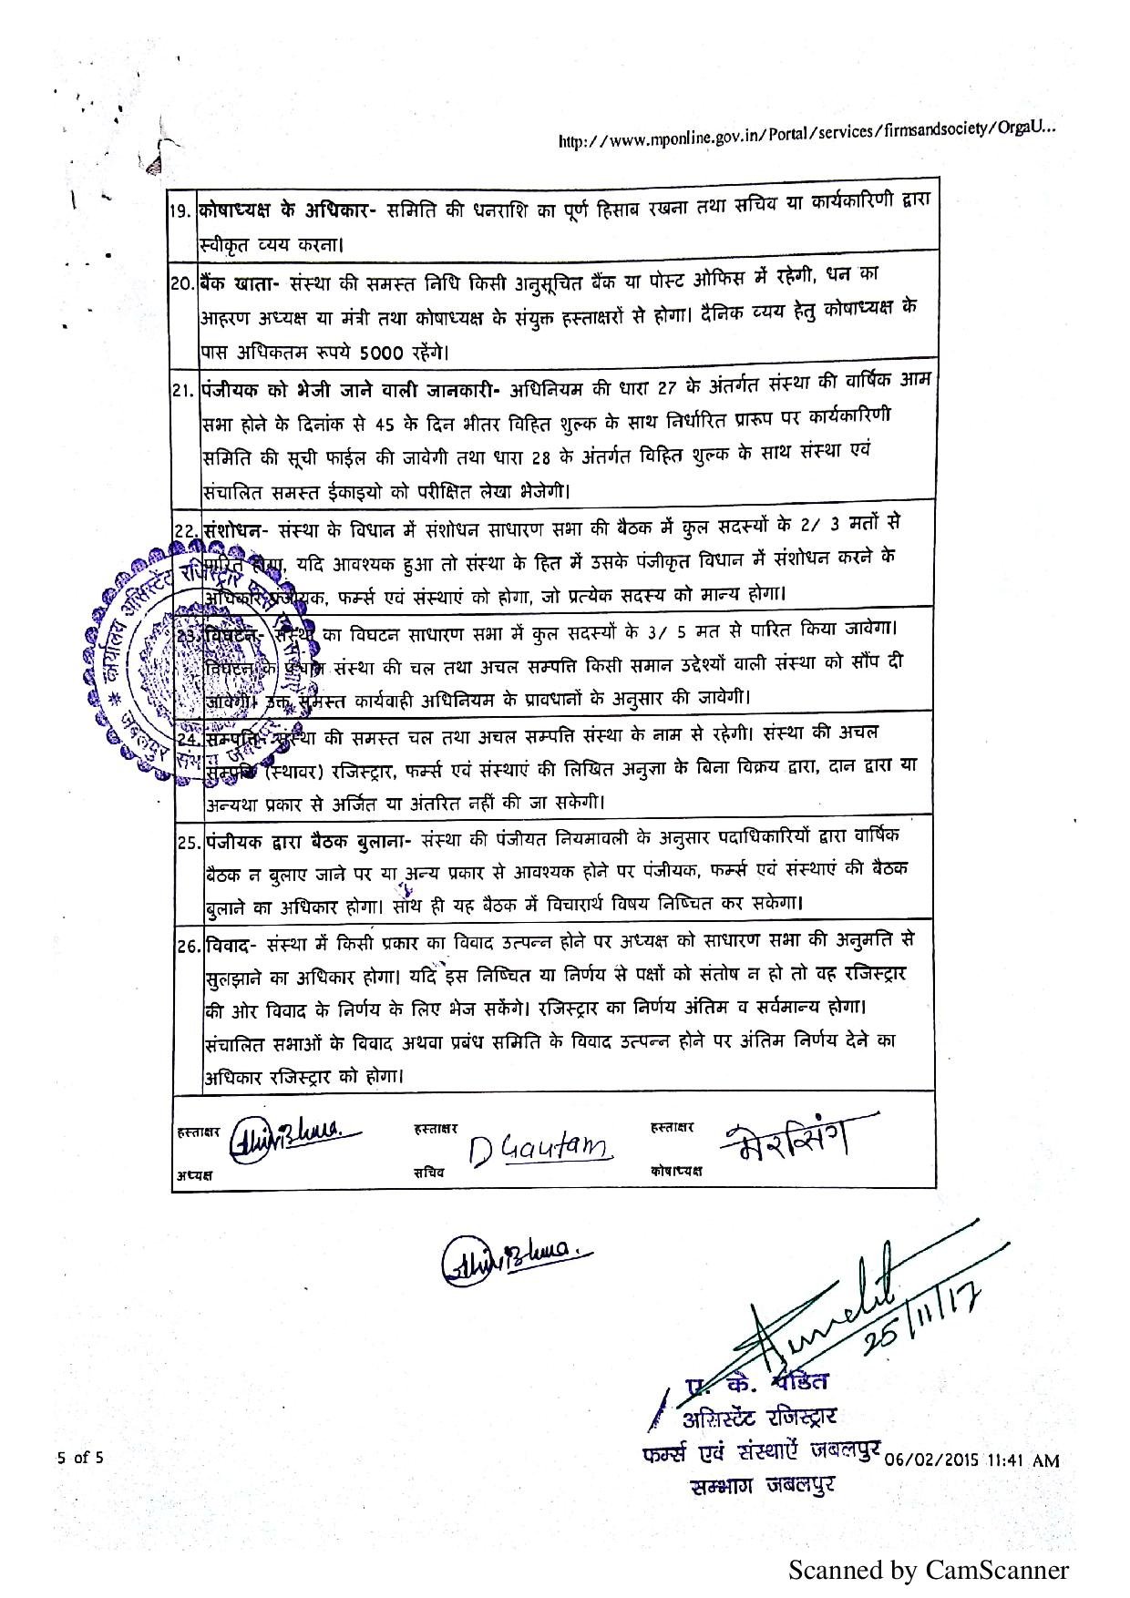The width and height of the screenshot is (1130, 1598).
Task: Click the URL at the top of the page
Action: point(806,136)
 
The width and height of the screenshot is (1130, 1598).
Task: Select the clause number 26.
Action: point(189,946)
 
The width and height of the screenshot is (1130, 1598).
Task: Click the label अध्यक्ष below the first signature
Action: point(194,1175)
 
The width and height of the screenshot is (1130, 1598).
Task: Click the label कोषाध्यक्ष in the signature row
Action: point(676,1171)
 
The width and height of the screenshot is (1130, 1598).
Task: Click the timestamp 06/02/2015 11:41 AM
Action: point(972,1459)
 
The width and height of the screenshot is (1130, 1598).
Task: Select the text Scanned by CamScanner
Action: point(928,1570)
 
